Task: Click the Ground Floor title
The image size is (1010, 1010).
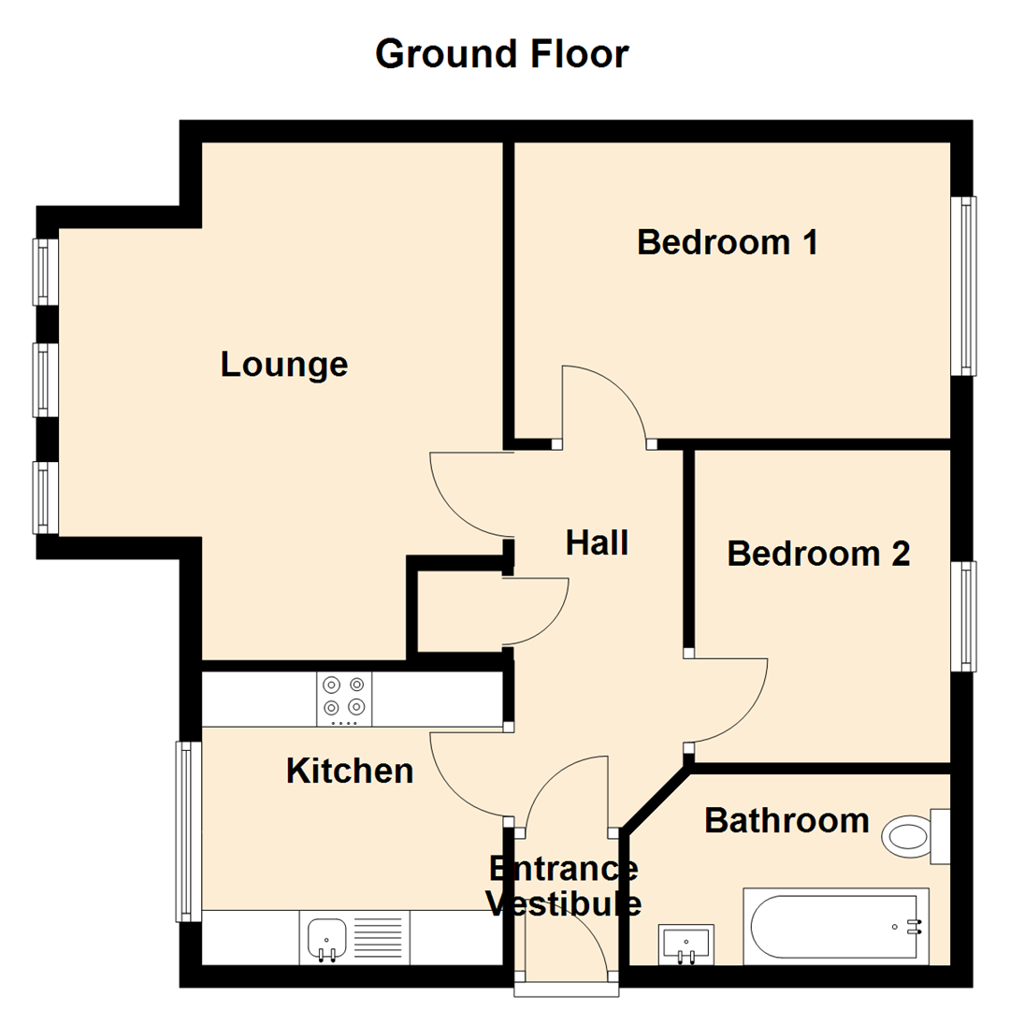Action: [x=502, y=54]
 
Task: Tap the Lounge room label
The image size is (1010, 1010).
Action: [x=284, y=364]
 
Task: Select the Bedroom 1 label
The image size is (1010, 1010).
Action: [x=728, y=242]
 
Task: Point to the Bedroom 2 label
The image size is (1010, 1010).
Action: [x=818, y=554]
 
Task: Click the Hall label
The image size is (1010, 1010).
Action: [x=597, y=542]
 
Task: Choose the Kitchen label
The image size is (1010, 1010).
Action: [x=350, y=771]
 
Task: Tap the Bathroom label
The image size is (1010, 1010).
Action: [x=786, y=820]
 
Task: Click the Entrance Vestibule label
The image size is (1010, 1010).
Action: [x=565, y=886]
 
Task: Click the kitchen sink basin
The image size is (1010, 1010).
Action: [x=326, y=934]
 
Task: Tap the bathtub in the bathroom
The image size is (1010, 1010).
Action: [x=835, y=927]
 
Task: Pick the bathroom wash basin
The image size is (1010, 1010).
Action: [x=685, y=943]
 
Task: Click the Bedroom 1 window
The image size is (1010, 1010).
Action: [x=964, y=285]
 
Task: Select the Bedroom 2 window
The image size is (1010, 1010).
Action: [x=964, y=615]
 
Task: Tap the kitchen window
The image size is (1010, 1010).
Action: [x=189, y=830]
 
